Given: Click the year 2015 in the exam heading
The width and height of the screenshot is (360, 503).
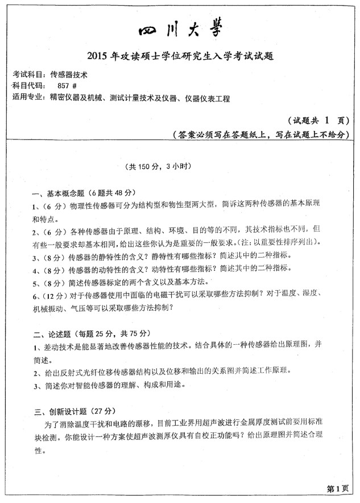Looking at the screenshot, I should coord(99,56).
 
